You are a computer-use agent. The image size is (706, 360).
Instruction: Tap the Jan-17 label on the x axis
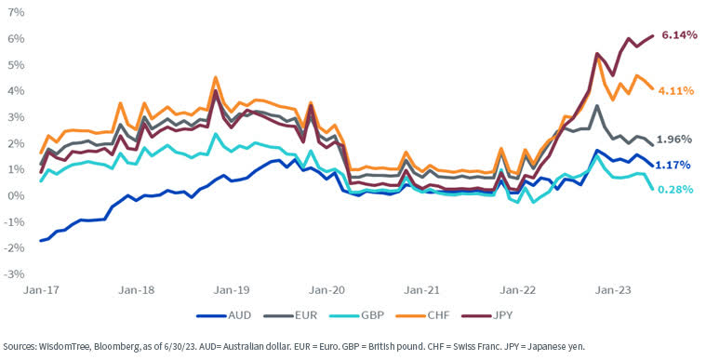(36, 290)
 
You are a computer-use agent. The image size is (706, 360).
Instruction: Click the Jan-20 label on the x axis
(327, 290)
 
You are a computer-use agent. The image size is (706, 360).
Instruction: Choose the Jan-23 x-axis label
(615, 290)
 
